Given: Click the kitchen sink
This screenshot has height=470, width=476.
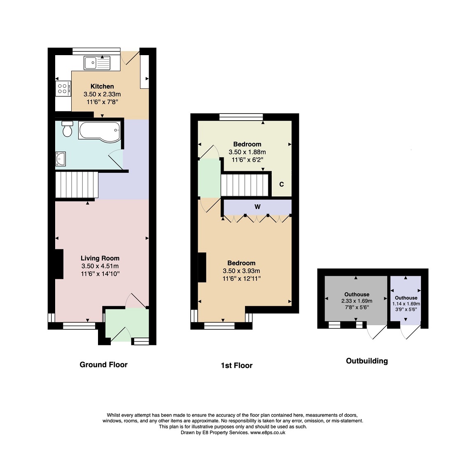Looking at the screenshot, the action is click(x=97, y=63).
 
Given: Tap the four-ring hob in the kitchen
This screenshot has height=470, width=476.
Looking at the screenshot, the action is click(x=63, y=88).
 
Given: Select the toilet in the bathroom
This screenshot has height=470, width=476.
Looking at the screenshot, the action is click(x=67, y=129).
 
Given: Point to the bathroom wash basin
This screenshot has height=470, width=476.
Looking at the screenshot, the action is click(x=61, y=159).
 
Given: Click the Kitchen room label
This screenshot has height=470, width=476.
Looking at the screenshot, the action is click(x=102, y=86).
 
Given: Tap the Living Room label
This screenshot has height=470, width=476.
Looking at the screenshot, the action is click(x=100, y=258).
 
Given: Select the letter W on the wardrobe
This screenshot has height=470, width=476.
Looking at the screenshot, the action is click(x=257, y=207).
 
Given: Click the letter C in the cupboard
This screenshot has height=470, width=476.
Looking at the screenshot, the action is click(x=281, y=184).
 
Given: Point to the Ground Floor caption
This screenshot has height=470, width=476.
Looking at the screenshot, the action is click(x=103, y=365).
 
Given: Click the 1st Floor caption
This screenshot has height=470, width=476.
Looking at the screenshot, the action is click(x=237, y=365).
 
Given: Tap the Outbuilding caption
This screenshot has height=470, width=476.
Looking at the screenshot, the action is click(x=367, y=361).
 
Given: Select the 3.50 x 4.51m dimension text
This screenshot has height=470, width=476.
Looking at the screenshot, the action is click(x=100, y=266).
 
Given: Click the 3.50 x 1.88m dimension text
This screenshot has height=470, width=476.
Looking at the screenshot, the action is click(x=247, y=152).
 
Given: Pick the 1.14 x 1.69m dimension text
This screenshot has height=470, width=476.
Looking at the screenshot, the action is click(x=406, y=304).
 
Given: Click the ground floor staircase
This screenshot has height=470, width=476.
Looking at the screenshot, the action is click(x=77, y=185).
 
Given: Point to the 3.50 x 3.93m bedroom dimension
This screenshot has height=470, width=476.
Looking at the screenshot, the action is click(x=241, y=271).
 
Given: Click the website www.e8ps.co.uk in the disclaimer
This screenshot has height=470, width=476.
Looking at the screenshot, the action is click(x=268, y=433).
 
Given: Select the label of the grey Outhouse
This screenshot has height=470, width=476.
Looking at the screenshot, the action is click(x=357, y=294).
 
